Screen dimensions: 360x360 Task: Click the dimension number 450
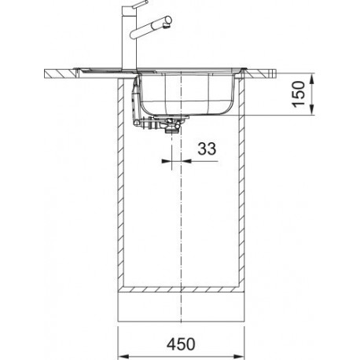pyautogui.click(x=181, y=343)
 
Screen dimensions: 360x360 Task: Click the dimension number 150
pyautogui.click(x=299, y=94)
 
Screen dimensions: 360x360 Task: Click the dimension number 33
pyautogui.click(x=207, y=149)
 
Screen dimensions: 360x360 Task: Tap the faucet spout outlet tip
pyautogui.click(x=167, y=25)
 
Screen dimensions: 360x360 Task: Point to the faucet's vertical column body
pyautogui.click(x=130, y=39)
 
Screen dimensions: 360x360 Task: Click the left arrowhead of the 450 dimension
pyautogui.click(x=123, y=356)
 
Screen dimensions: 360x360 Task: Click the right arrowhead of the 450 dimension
pyautogui.click(x=238, y=356)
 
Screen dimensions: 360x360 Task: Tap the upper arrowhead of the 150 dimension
pyautogui.click(x=312, y=79)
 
